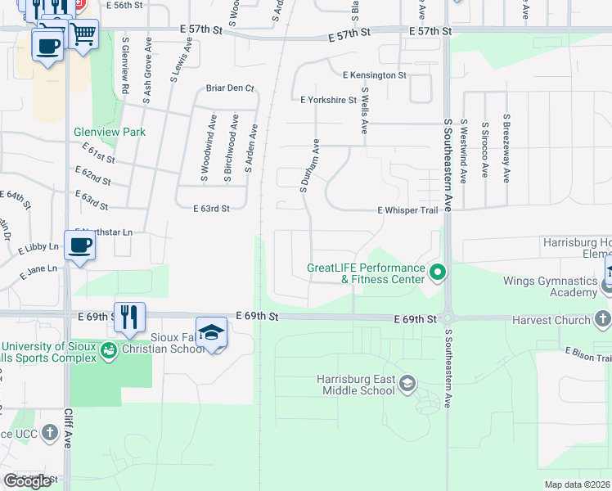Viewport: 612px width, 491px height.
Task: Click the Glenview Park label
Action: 109,132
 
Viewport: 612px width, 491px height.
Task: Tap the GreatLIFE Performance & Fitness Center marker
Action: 438,271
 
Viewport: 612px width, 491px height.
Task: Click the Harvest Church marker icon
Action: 602,318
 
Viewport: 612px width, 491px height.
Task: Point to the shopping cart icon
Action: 82,35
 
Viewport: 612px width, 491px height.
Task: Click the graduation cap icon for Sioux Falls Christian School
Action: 212,332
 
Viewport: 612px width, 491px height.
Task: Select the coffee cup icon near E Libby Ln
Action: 79,245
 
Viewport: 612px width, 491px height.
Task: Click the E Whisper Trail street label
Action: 408,210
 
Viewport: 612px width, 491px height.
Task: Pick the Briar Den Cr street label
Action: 231,88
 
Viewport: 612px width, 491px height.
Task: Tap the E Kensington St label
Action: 375,75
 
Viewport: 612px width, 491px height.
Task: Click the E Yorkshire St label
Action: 328,101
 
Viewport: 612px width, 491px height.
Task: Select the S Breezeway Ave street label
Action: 507,148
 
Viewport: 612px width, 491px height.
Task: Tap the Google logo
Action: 28,480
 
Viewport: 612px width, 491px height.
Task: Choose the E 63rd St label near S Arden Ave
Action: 211,209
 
